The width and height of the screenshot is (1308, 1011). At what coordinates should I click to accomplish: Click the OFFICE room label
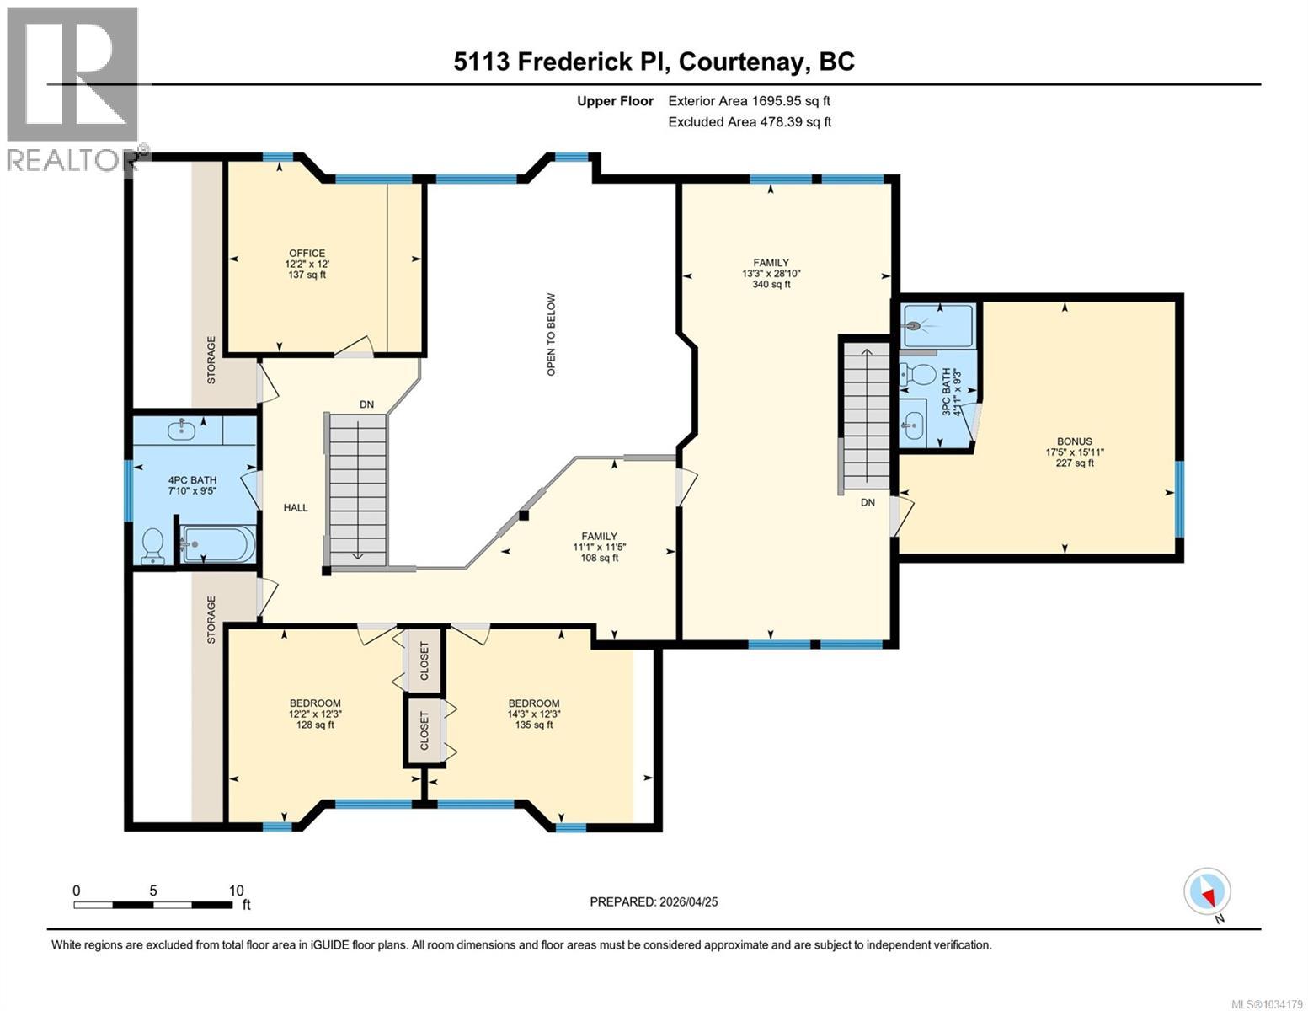point(307,253)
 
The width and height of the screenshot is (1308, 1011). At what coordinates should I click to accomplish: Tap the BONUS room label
point(1075,441)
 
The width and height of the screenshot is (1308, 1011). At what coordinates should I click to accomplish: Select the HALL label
point(296,508)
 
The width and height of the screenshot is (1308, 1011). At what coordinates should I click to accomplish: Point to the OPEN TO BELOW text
point(551,334)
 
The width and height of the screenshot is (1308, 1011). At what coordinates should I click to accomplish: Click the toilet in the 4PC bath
point(153,547)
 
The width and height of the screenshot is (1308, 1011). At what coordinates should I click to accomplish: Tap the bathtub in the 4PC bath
point(218,544)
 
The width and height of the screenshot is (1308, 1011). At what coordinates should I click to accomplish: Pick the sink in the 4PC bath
point(181,430)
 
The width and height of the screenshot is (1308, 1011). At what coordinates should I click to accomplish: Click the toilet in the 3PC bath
point(914,376)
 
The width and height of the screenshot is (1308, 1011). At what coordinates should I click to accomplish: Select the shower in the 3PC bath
point(937,326)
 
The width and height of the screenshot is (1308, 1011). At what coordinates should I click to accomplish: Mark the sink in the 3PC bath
point(913,426)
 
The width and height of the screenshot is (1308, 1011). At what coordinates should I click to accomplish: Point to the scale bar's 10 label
point(237,891)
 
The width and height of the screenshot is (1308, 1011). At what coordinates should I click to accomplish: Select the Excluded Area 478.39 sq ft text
point(750,121)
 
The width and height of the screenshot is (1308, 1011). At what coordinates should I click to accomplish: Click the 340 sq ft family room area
point(771,284)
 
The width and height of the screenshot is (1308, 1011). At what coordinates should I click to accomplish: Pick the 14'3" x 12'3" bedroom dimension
point(534,714)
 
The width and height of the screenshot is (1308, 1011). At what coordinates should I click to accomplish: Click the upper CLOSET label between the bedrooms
point(424,661)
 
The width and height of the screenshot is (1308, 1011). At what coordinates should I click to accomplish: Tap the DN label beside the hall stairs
point(366,404)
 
